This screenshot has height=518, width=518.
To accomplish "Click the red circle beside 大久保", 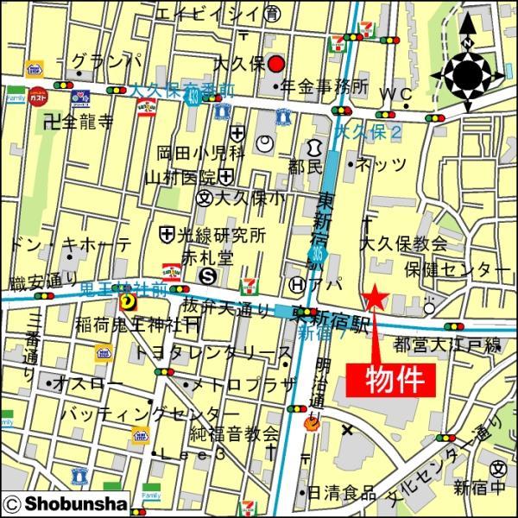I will (275, 65).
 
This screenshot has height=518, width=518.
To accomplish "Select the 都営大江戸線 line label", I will (447, 345).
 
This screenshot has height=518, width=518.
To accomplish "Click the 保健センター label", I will (457, 269).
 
